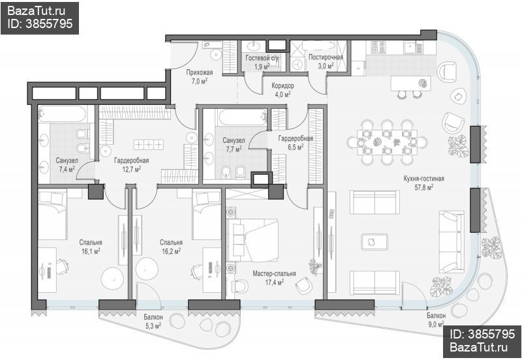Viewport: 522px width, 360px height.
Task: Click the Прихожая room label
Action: click(200, 72)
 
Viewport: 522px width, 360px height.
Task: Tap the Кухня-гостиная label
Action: click(423, 179)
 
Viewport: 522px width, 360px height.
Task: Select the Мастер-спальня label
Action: click(274, 274)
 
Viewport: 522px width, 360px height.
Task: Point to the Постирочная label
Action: click(326, 57)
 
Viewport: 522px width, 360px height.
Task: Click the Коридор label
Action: click(283, 86)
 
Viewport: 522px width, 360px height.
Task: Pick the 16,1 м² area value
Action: click(91, 250)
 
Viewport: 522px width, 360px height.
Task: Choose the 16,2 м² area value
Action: click(171, 250)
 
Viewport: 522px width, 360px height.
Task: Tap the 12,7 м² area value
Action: click(132, 169)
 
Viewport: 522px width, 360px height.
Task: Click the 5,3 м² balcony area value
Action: click(153, 325)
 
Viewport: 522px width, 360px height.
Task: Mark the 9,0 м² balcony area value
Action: click(437, 323)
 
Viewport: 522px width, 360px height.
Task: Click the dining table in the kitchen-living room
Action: click(387, 142)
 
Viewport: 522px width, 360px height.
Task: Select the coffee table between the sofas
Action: click(375, 242)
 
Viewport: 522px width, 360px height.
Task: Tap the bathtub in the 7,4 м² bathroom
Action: click(62, 114)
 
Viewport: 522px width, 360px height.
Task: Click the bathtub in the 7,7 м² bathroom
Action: click(243, 117)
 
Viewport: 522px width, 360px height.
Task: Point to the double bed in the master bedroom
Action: click(253, 240)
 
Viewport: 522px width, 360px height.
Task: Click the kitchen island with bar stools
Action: click(411, 83)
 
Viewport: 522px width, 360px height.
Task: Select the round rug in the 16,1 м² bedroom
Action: click(112, 279)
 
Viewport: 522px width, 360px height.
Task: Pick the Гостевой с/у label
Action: click(262, 58)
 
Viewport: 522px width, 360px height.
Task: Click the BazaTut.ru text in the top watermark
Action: click(36, 11)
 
